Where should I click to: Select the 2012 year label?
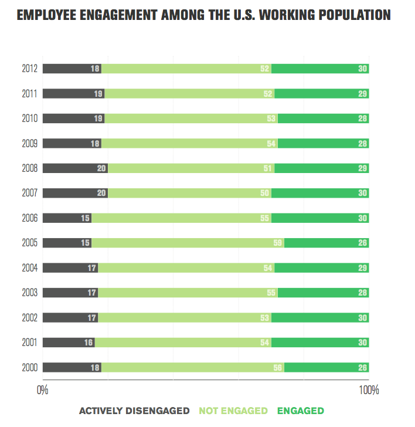point(29,69)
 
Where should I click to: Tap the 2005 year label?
point(29,243)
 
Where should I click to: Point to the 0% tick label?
point(43,390)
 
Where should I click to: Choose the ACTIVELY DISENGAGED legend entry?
point(134,411)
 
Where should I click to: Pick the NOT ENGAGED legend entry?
point(233,411)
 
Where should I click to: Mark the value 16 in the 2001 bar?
point(89,343)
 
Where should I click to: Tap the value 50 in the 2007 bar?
point(265,193)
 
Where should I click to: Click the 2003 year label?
point(29,293)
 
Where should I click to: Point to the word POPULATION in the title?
point(353,15)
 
